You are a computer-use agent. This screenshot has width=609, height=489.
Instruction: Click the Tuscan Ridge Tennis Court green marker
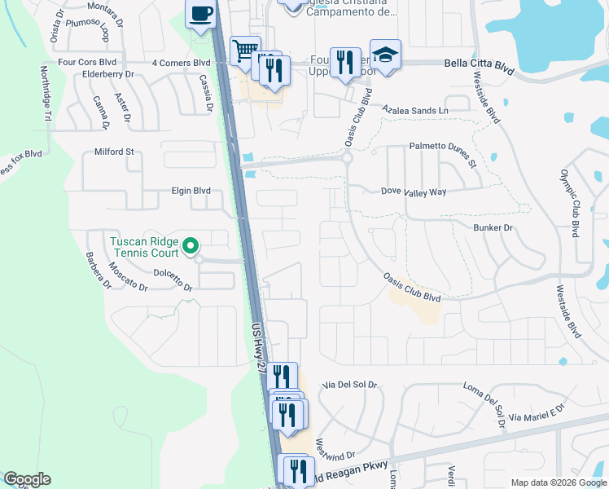point(190,244)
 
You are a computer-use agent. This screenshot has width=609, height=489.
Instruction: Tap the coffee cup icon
point(200,14)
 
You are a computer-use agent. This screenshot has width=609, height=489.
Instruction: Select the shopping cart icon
point(244,51)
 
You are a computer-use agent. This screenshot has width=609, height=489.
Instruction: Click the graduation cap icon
point(385,55)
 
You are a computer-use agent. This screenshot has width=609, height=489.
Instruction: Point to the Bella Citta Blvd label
point(479,66)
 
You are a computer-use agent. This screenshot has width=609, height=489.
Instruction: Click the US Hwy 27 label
point(258,347)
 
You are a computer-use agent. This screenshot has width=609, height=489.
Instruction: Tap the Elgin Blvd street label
point(191,191)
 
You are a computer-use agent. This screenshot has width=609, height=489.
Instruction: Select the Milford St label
point(114,152)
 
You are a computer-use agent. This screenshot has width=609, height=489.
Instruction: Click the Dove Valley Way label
point(414,192)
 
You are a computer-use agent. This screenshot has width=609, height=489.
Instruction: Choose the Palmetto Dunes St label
point(441,153)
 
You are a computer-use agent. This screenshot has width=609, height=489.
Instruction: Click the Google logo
point(27,479)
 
